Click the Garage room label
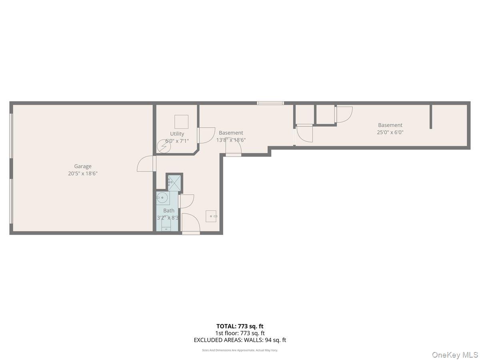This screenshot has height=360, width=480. tap(83, 166)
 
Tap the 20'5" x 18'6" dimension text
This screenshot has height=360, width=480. tap(83, 174)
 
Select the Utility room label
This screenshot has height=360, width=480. tap(177, 134)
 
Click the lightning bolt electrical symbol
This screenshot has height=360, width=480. tap(163, 147)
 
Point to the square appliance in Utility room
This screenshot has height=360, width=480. tap(181, 122)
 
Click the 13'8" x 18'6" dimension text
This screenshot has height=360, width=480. tap(231, 140)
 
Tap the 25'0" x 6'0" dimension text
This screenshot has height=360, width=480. tap(390, 132)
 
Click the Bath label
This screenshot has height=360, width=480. tap(169, 210)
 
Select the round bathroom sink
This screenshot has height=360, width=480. tap(162, 197)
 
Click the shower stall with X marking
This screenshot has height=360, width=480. tap(174, 182)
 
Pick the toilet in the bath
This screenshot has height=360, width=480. tap(166, 227)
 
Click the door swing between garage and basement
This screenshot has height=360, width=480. tap(146, 164)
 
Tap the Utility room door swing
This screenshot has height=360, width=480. tap(207, 136)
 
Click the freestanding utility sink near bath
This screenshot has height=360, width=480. tap(211, 216)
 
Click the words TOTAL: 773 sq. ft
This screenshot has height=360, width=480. tap(240, 326)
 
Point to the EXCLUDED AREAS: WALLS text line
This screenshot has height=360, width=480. tap(240, 340)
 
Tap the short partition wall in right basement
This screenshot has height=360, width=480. tap(431, 117)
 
